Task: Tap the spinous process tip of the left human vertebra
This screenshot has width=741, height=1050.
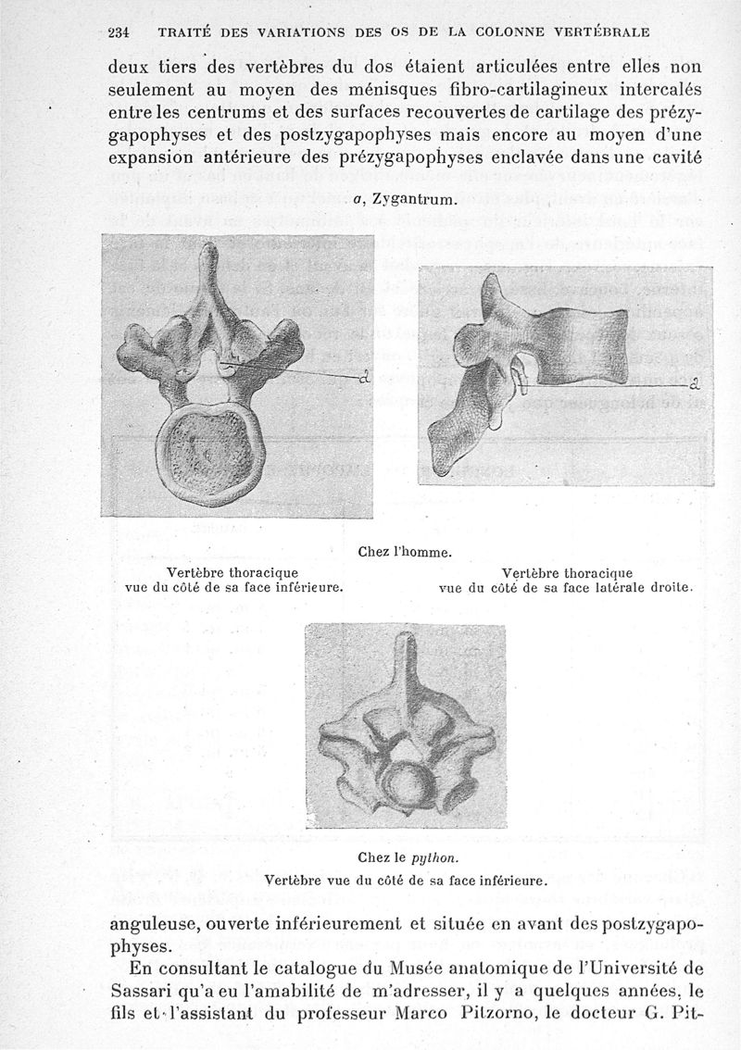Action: (x=209, y=251)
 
